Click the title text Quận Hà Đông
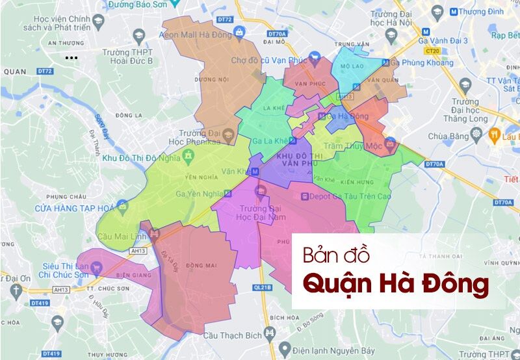397,285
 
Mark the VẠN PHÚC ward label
309,84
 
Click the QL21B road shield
261,286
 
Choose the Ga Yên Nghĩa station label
199,193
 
